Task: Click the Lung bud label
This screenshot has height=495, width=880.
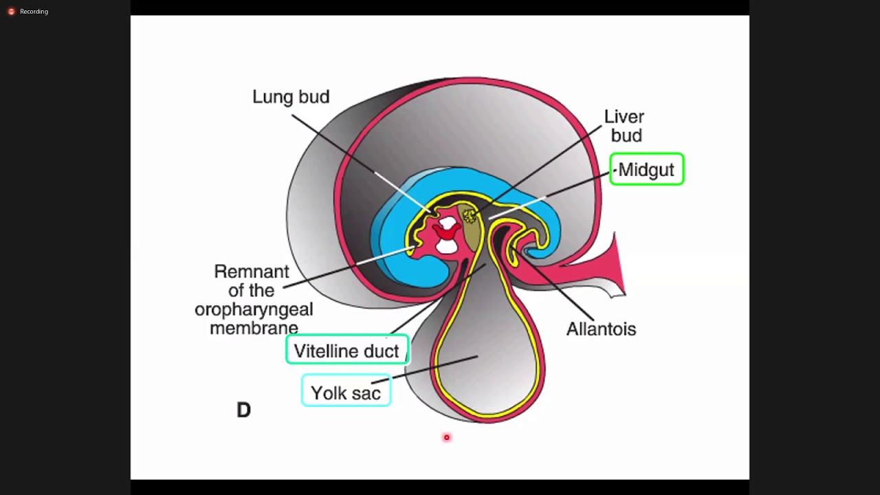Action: [291, 97]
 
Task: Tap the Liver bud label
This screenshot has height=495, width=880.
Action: [624, 126]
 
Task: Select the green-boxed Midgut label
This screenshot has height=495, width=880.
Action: [646, 170]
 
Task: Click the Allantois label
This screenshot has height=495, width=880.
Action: [601, 329]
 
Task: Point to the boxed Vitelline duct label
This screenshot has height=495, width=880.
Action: [346, 351]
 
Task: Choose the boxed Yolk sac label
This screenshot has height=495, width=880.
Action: [346, 393]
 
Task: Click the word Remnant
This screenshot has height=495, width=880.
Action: [252, 272]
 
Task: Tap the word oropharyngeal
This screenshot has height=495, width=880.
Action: [254, 309]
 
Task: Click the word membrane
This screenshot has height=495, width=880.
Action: [254, 328]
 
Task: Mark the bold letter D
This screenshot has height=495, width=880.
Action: [243, 410]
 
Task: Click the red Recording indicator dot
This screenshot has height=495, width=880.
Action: [11, 12]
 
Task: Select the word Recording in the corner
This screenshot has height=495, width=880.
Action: [34, 12]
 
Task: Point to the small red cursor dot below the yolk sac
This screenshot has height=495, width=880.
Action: [446, 437]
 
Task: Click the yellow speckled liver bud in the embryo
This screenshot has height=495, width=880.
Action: [470, 217]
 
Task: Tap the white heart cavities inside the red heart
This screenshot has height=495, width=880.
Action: [448, 234]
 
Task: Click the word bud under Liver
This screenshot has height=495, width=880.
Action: [626, 135]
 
